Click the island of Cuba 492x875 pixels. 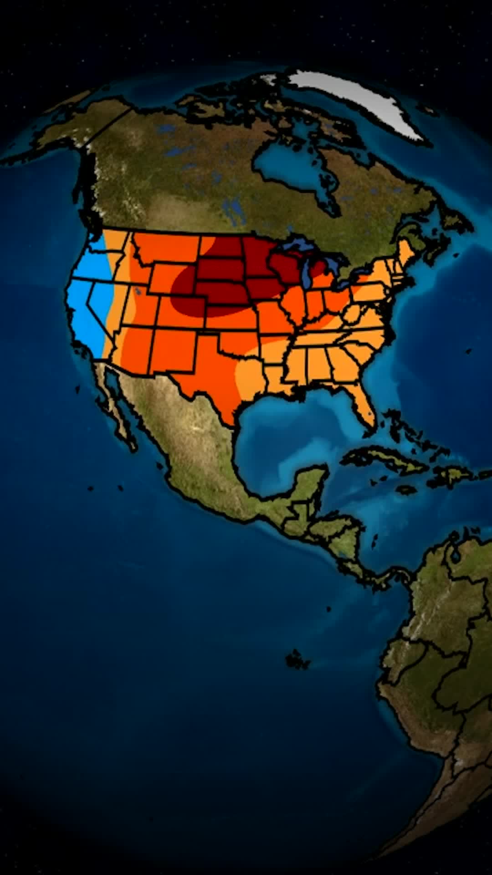pyautogui.click(x=387, y=458)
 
